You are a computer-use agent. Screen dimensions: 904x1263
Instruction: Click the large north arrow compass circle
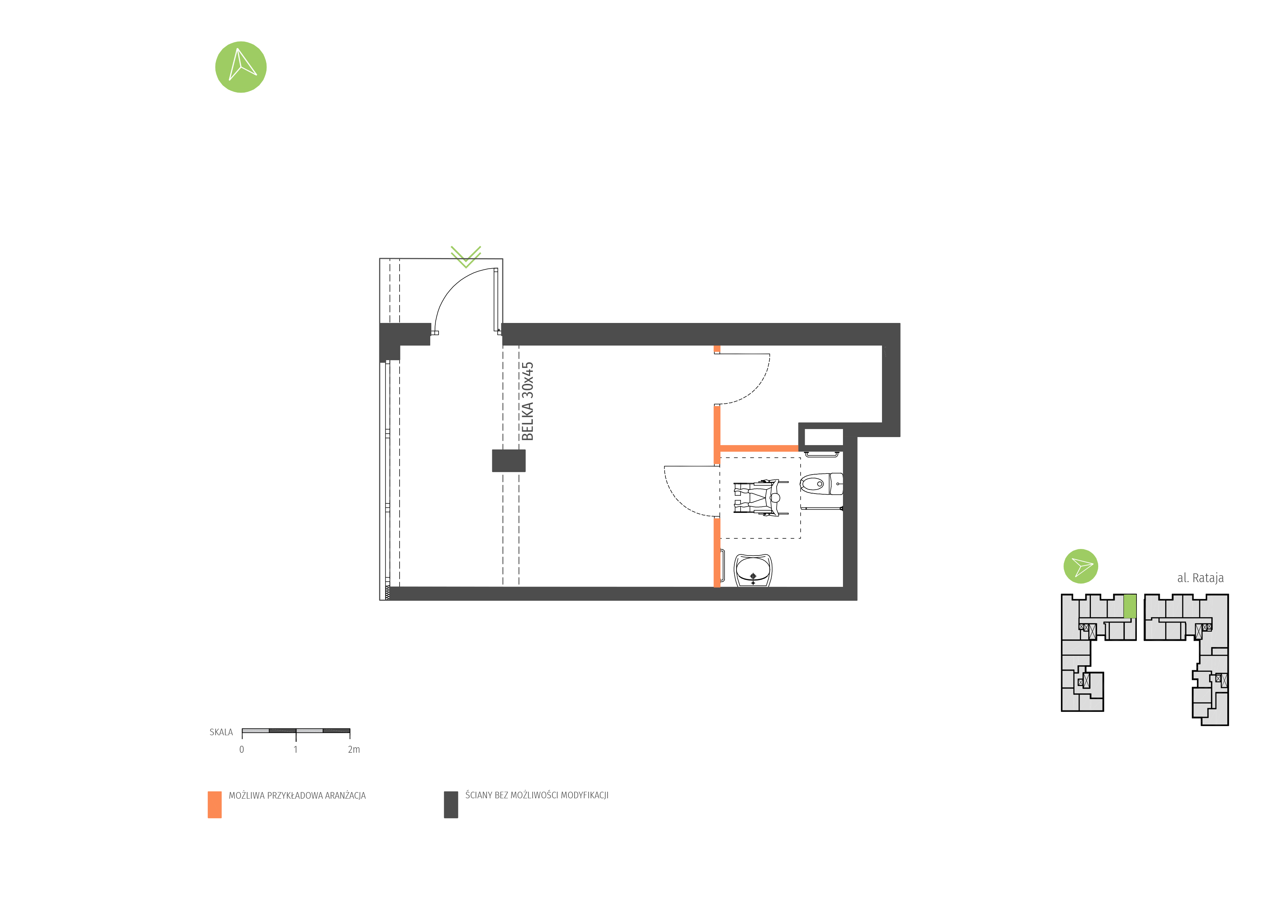[x=241, y=67]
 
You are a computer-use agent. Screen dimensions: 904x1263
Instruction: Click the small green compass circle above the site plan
[x=1080, y=566]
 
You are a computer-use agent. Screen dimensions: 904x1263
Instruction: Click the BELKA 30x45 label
[x=527, y=401]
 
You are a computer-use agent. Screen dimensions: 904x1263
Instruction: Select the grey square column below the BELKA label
[x=508, y=460]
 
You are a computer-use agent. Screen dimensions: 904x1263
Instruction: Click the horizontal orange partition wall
[x=759, y=448]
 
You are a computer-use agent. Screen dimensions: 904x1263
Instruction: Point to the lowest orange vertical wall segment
[x=716, y=552]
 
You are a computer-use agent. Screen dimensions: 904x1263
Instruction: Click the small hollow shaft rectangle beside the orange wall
[x=823, y=437]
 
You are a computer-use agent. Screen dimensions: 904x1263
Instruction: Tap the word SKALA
[x=221, y=732]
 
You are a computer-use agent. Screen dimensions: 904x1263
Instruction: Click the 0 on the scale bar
[x=242, y=749]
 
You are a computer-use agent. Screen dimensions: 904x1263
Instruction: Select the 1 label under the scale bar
[x=296, y=749]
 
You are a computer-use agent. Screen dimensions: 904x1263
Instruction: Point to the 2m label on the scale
[x=353, y=749]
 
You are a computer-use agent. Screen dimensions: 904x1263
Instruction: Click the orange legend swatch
[x=214, y=804]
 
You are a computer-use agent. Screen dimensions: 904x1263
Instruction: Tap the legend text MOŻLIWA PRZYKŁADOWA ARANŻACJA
[x=297, y=795]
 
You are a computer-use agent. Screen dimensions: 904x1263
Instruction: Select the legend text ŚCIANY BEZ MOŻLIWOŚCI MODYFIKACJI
[x=537, y=795]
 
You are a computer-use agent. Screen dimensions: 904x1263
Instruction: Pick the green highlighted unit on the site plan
[x=1130, y=606]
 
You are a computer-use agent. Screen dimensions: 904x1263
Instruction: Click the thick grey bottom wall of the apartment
[x=612, y=593]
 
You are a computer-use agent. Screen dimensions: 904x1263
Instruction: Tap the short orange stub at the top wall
[x=716, y=348]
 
